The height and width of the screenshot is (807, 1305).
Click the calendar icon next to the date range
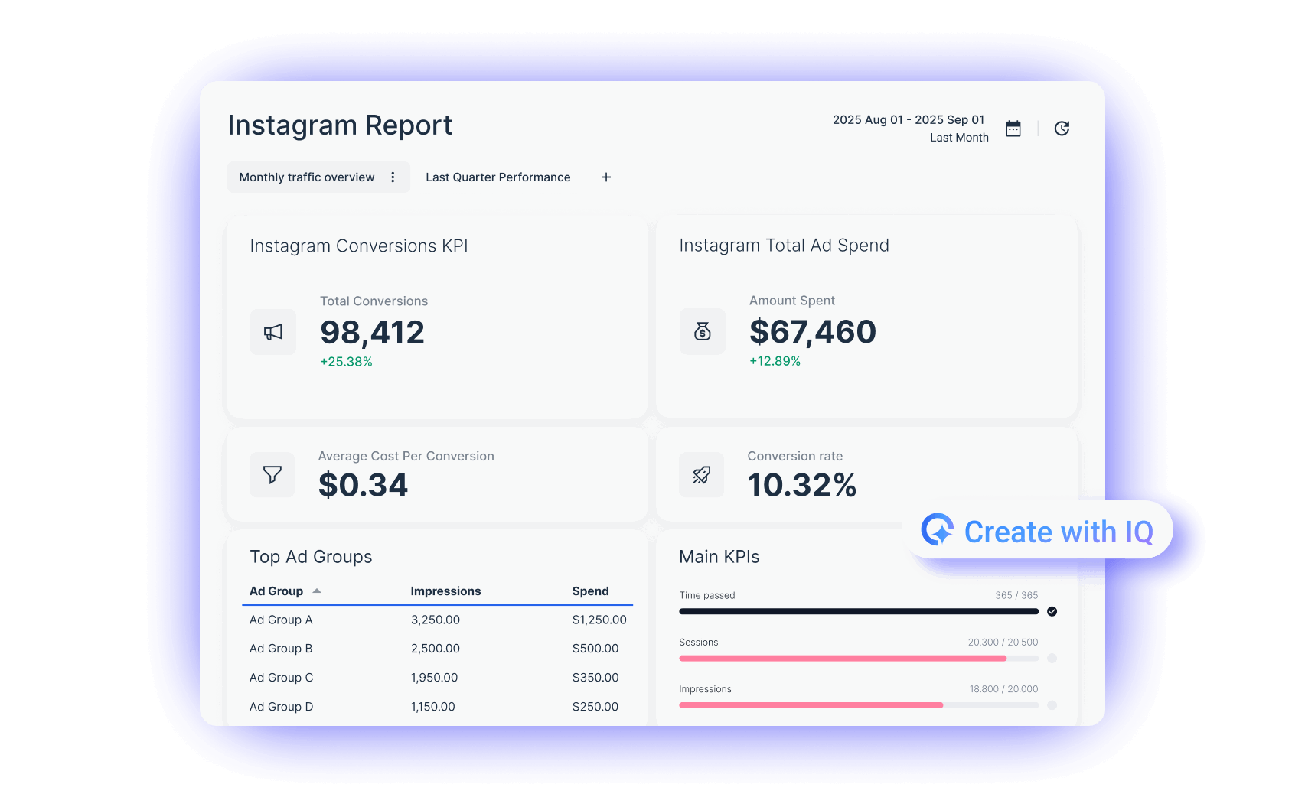point(1013,129)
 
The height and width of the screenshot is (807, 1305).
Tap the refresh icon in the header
point(1062,129)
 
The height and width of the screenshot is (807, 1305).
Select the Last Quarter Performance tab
point(498,177)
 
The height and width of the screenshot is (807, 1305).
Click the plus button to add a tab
point(606,177)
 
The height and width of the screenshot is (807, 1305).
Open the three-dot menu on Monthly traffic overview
point(393,177)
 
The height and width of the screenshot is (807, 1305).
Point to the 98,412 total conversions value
point(372,333)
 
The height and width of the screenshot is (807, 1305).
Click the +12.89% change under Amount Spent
point(775,361)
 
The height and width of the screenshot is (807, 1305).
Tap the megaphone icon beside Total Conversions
point(273,332)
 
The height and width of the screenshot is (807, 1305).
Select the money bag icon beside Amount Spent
point(702,331)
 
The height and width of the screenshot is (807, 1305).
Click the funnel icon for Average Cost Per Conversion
point(272,475)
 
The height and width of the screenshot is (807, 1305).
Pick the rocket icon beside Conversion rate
point(701,475)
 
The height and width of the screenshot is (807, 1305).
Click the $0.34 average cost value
point(363,485)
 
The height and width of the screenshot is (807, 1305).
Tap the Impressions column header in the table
point(445,591)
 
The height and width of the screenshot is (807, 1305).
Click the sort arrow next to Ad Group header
point(317,591)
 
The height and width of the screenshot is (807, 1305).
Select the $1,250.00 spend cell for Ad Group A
point(599,620)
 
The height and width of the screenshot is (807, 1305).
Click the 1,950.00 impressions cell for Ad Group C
point(434,678)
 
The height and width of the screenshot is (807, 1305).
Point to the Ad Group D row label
point(281,707)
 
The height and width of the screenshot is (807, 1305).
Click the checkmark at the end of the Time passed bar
point(1052,611)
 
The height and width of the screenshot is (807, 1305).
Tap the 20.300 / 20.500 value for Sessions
point(1003,643)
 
